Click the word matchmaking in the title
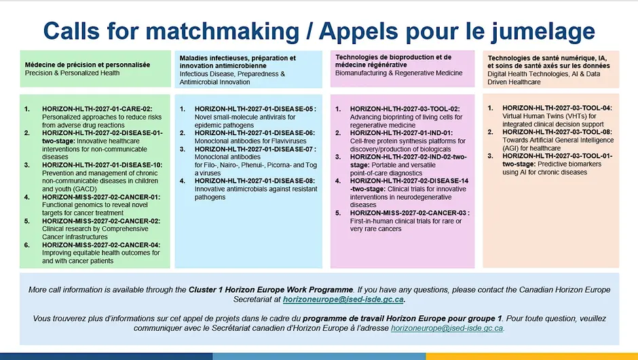222,31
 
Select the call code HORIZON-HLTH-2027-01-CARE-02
97,109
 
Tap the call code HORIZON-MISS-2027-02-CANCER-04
101,245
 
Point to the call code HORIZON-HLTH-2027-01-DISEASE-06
255,132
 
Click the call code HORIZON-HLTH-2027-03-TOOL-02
405,109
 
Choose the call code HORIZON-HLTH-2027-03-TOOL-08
557,132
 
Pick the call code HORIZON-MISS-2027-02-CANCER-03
408,213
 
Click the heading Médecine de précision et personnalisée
88,65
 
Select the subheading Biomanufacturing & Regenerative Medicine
399,73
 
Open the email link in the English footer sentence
343,300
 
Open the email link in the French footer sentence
447,328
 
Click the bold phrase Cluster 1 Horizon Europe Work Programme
271,289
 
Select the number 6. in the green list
27,245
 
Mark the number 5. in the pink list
338,213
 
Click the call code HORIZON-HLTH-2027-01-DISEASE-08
255,181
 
